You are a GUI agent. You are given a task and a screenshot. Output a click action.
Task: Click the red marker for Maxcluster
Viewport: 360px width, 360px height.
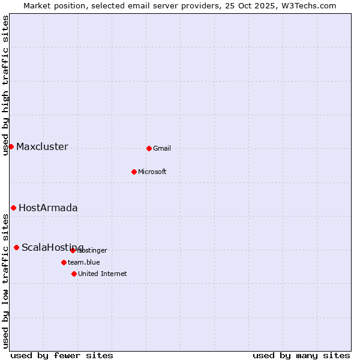click(11, 146)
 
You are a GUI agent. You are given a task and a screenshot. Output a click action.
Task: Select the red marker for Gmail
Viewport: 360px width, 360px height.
click(149, 148)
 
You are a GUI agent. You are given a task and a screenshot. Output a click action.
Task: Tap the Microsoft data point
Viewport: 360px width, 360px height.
click(134, 172)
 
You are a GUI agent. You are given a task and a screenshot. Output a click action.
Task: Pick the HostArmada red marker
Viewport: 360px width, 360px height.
click(13, 208)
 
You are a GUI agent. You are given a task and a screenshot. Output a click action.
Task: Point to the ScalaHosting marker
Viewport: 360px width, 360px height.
click(16, 247)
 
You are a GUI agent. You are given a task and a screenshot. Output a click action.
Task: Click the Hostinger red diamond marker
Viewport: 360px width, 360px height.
click(73, 250)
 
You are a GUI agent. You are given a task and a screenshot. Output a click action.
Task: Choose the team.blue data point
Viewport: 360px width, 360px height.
click(64, 262)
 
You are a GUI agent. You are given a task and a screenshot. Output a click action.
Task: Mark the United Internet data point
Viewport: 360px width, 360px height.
click(74, 274)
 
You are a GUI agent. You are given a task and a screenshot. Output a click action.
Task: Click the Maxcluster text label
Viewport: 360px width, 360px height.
click(42, 147)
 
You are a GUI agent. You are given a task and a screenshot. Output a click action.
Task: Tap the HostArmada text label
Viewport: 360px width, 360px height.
click(48, 208)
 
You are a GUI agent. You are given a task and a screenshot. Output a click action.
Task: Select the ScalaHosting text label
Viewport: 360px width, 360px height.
click(53, 248)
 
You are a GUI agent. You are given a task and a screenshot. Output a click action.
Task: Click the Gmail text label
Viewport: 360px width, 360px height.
click(162, 149)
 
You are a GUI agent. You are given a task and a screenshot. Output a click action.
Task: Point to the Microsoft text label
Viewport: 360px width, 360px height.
click(152, 172)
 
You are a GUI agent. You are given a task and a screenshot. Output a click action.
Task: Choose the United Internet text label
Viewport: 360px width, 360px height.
click(103, 274)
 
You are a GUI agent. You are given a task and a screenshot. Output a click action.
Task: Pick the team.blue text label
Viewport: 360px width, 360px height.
click(84, 263)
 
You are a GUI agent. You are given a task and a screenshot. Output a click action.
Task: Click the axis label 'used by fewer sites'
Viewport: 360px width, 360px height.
click(62, 355)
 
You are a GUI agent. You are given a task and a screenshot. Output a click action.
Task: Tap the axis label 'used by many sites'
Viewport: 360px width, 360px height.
click(301, 355)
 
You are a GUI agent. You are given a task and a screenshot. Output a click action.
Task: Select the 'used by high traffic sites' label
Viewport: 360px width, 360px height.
click(6, 85)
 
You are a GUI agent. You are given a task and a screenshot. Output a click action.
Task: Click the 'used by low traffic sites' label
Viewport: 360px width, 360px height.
click(6, 281)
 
